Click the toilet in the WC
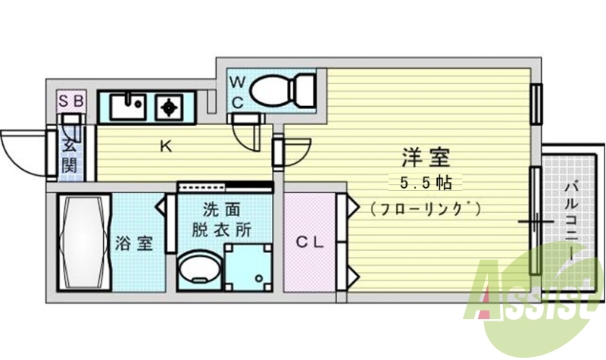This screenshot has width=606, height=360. (x=282, y=91)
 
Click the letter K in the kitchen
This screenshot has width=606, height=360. (x=164, y=146)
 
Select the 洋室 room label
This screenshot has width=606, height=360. (x=425, y=158)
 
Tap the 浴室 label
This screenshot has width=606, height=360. (x=135, y=243)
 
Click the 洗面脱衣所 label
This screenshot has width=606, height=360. (x=225, y=220)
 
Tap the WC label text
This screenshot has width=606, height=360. (x=236, y=92)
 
